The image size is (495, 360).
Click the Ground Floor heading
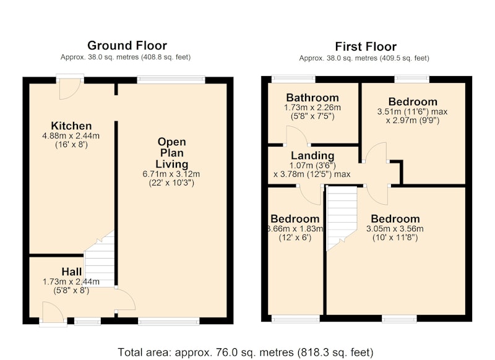(127, 45)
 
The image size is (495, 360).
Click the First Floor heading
(366, 46)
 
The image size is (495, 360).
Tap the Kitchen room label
(71, 126)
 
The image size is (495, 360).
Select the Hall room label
(72, 272)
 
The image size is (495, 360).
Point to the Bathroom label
(312, 98)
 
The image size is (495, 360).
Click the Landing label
(312, 155)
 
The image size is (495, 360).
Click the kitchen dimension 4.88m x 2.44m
(71, 136)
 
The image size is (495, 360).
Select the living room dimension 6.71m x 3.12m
(171, 174)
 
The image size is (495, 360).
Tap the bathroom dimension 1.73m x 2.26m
(312, 108)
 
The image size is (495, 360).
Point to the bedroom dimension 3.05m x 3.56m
(395, 229)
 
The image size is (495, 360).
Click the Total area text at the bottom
(246, 352)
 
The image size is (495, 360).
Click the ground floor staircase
(99, 259)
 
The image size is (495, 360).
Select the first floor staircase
(342, 218)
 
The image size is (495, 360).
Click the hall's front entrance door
(53, 312)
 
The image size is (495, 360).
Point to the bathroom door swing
(297, 135)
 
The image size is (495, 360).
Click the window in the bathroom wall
(293, 77)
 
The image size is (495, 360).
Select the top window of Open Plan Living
(171, 79)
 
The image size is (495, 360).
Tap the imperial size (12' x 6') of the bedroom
(295, 238)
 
